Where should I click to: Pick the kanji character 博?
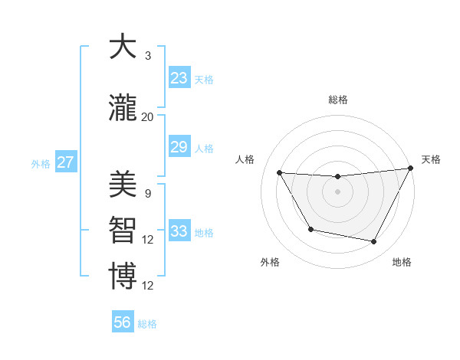pyautogui.click(x=123, y=277)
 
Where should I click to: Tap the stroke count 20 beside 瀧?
pyautogui.click(x=148, y=116)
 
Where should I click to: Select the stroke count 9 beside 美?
pyautogui.click(x=148, y=193)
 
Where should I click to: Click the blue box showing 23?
pyautogui.click(x=179, y=77)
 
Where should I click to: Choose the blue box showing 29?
pyautogui.click(x=179, y=147)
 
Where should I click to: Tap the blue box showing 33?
pyautogui.click(x=179, y=231)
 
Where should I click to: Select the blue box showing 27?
pyautogui.click(x=65, y=162)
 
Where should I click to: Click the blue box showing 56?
pyautogui.click(x=123, y=322)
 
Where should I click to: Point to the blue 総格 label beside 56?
pyautogui.click(x=147, y=324)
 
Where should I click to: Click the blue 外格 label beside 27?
pyautogui.click(x=41, y=163)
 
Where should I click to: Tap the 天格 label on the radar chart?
pyautogui.click(x=431, y=159)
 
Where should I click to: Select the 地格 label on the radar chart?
pyautogui.click(x=402, y=262)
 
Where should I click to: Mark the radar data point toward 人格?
pyautogui.click(x=279, y=172)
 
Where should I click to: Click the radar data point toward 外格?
pyautogui.click(x=310, y=229)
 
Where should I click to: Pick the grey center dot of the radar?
pyautogui.click(x=337, y=191)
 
